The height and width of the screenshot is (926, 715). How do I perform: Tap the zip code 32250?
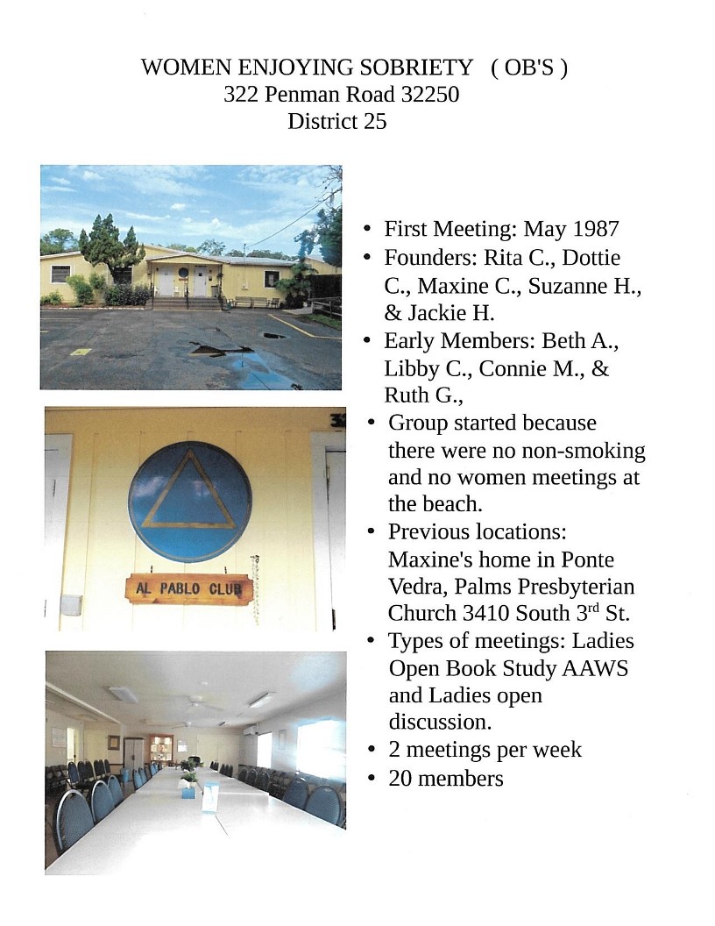[x=428, y=95]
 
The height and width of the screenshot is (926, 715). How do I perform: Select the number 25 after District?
[x=374, y=121]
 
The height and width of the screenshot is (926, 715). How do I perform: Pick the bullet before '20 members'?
[x=372, y=778]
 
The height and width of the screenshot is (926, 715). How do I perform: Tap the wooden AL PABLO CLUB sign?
[x=188, y=588]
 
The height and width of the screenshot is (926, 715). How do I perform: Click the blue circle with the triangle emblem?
[x=189, y=501]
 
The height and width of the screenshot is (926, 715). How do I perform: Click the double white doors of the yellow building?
[x=180, y=281]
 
